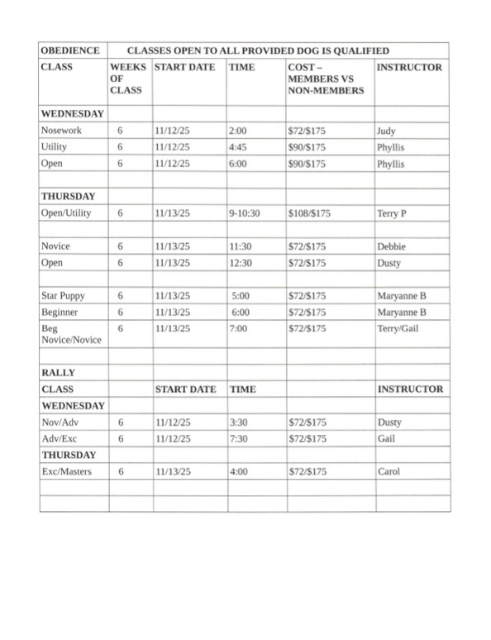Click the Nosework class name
[x=61, y=131]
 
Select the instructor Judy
[x=386, y=131]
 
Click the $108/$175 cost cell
[x=309, y=213]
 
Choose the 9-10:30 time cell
[x=245, y=213]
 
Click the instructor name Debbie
[x=391, y=246]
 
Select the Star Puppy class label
[x=63, y=295]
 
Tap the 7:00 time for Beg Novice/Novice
[x=239, y=328]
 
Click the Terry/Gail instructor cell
[x=397, y=328]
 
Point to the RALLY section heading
[x=59, y=373]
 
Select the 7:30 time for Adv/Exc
[x=240, y=438]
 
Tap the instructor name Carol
[x=389, y=471]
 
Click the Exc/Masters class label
[x=66, y=471]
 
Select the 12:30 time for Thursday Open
[x=241, y=263]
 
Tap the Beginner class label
[x=60, y=312]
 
